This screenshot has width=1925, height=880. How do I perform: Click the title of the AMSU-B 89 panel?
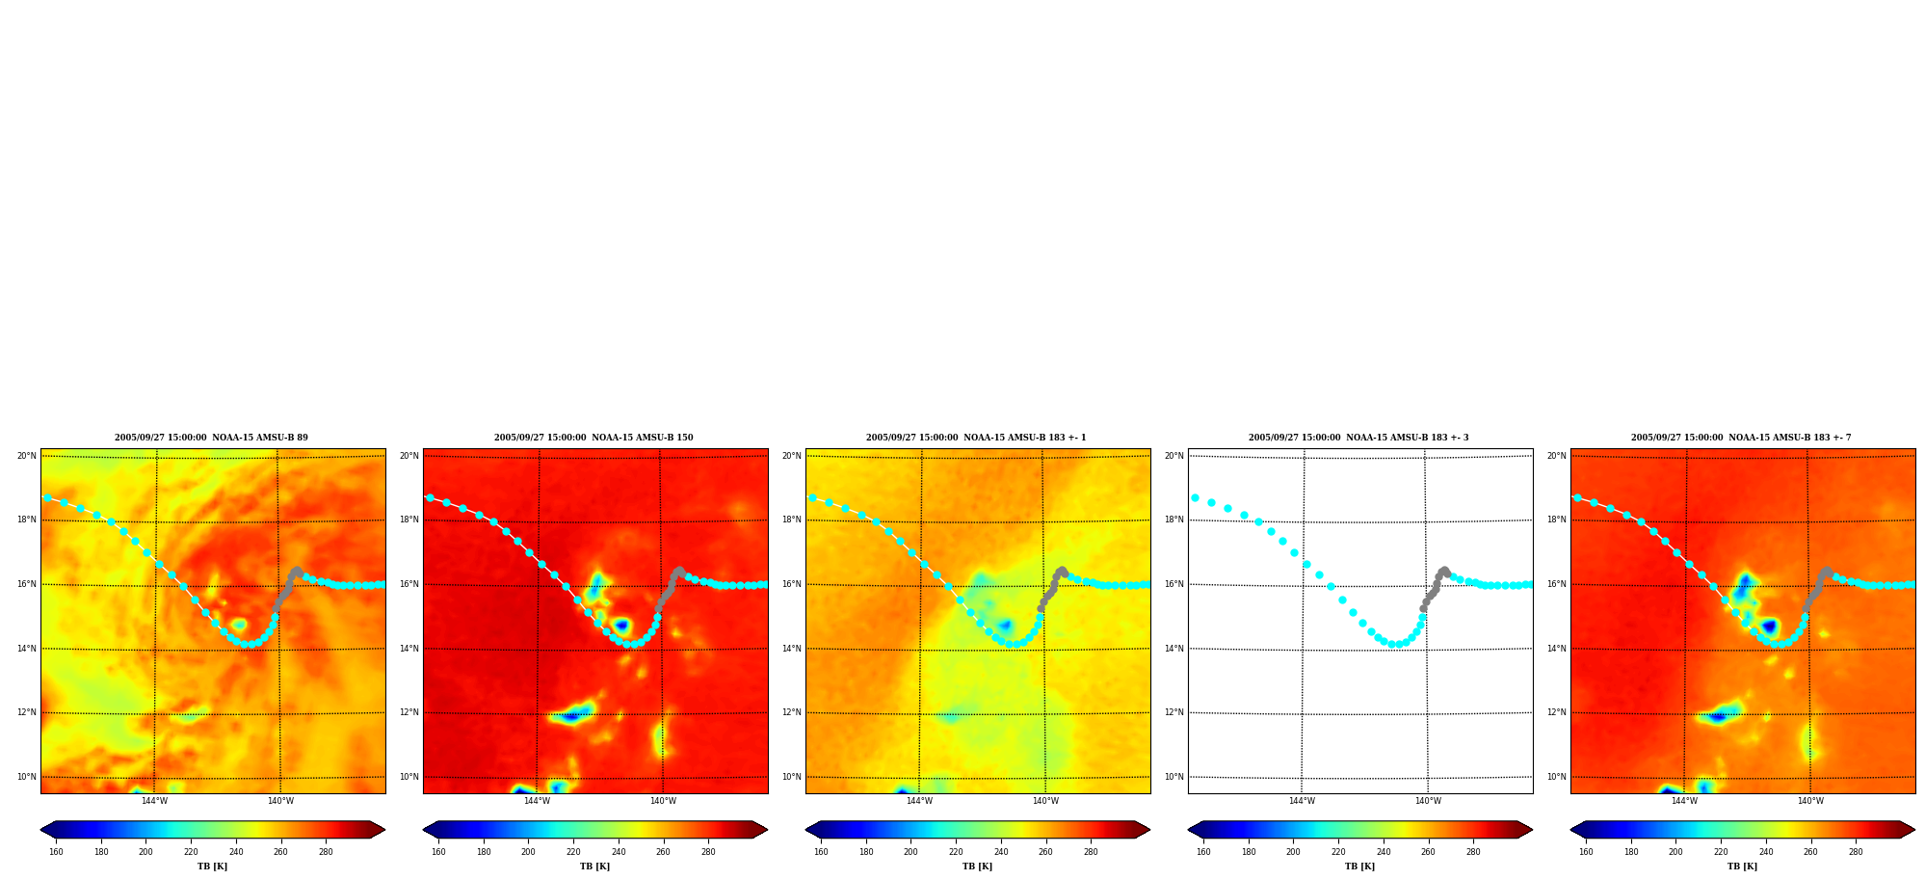[211, 438]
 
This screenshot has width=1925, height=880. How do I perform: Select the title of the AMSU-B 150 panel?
[593, 438]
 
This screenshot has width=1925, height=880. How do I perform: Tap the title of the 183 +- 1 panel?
[976, 438]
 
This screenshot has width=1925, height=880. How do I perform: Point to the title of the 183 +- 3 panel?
[1358, 438]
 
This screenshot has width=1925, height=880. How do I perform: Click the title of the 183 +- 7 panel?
[1741, 438]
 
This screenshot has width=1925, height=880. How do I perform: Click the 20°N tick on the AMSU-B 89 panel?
[26, 456]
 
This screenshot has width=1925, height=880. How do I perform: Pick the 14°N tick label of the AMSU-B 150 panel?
[409, 649]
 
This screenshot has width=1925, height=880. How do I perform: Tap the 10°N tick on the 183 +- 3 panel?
[1173, 777]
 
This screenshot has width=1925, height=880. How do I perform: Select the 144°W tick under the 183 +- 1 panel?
[919, 801]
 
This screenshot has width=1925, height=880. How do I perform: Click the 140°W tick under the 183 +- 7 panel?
[1810, 801]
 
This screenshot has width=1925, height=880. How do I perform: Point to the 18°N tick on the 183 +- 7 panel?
[1556, 520]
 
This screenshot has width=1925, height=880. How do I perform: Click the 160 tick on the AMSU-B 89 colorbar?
[56, 852]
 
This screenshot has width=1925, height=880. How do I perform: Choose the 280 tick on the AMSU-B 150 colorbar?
[708, 852]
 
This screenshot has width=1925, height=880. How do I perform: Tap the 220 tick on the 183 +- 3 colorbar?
[1338, 852]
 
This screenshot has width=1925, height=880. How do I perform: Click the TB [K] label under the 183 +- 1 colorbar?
[977, 867]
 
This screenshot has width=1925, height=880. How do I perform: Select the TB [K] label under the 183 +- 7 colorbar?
[1742, 867]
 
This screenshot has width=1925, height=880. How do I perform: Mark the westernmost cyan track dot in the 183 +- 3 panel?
[1195, 498]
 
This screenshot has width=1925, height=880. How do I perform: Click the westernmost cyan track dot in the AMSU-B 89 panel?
[47, 498]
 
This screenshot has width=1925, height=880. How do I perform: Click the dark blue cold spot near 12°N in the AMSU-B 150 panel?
[572, 715]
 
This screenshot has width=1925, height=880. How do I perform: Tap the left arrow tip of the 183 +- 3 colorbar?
[1188, 830]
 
